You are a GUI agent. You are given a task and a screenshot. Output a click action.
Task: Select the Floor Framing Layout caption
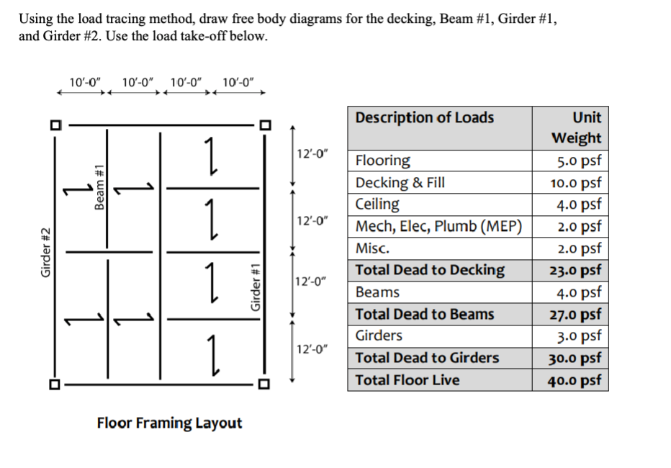[x=169, y=423]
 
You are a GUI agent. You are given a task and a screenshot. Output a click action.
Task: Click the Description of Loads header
[x=425, y=117]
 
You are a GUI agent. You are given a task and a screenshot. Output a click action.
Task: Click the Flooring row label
[x=383, y=161]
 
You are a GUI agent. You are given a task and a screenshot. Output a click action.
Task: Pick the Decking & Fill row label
[x=400, y=182]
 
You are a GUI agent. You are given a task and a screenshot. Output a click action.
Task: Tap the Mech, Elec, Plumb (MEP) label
[x=438, y=226]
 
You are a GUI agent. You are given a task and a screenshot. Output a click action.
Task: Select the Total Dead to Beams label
[x=425, y=314]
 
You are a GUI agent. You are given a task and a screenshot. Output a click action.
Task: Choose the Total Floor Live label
[x=407, y=380]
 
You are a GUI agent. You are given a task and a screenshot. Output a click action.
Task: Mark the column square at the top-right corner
[x=264, y=125]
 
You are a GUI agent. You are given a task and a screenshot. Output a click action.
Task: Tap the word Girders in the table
[x=379, y=336]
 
